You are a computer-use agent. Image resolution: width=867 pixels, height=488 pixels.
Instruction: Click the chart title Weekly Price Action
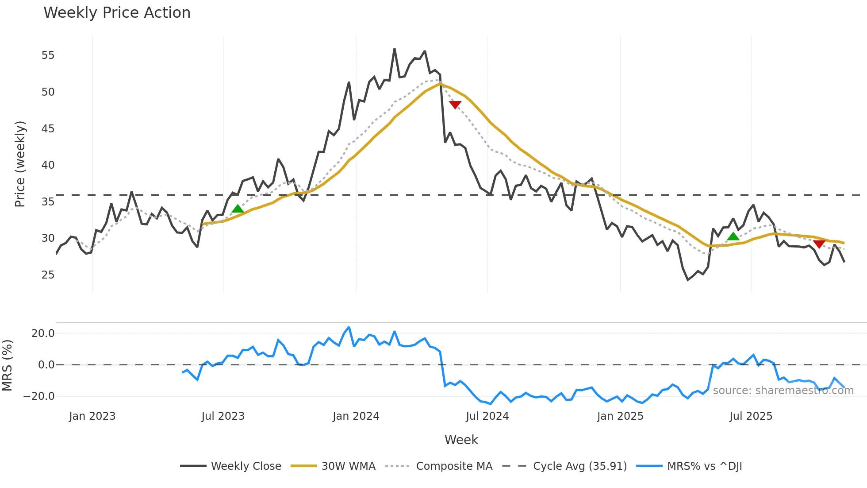tap(117, 13)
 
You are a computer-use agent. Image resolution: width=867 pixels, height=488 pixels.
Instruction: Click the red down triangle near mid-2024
tap(455, 105)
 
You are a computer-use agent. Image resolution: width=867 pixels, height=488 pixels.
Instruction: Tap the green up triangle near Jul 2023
tap(238, 209)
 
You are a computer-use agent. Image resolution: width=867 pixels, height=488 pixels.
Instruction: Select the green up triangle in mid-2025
tap(733, 236)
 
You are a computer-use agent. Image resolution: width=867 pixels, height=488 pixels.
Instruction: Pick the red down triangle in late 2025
tap(819, 244)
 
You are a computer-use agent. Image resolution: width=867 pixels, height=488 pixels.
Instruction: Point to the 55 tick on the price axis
tap(48, 55)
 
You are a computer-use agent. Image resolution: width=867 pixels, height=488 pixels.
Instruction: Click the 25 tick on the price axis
tap(48, 275)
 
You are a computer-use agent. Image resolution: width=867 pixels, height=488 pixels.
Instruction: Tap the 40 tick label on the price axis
tap(48, 165)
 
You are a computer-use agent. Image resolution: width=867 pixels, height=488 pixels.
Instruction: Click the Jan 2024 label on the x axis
tap(356, 416)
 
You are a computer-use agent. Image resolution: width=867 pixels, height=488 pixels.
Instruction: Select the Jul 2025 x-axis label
tap(751, 416)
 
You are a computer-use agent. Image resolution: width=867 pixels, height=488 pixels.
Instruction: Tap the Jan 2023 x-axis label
tap(92, 416)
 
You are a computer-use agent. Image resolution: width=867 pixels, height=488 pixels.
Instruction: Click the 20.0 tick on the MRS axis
tap(43, 333)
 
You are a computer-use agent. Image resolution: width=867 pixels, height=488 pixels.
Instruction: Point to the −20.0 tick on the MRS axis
tap(39, 396)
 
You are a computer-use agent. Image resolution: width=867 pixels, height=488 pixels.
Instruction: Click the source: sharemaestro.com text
tap(783, 391)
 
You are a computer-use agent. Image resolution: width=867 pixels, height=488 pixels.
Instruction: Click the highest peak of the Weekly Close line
tap(394, 49)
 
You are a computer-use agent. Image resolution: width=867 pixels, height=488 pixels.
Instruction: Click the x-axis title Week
tap(461, 440)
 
